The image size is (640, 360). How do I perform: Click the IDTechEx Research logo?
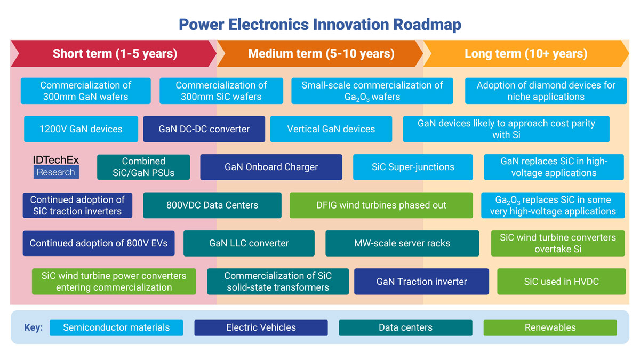[55, 166]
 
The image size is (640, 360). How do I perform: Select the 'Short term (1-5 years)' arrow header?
[114, 53]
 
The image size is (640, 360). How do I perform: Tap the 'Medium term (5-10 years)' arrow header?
[321, 53]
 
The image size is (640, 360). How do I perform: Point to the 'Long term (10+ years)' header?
[525, 53]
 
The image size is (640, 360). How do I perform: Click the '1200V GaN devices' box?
[81, 129]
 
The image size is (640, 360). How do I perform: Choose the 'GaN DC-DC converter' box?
[204, 129]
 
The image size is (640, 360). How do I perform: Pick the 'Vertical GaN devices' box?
[331, 129]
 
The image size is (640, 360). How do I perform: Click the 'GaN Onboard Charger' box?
[271, 167]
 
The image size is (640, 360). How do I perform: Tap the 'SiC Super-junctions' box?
[413, 167]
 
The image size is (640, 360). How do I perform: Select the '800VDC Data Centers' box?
[212, 205]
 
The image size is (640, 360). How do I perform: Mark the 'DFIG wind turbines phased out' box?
[381, 205]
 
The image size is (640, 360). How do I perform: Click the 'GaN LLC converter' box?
[249, 243]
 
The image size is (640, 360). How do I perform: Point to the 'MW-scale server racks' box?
[402, 243]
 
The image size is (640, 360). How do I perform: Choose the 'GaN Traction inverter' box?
[421, 282]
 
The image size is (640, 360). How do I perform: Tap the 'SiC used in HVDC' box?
[561, 282]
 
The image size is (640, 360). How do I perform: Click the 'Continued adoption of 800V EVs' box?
[99, 243]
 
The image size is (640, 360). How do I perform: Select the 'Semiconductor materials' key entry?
[116, 327]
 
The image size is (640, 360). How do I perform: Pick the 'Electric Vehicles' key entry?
[261, 327]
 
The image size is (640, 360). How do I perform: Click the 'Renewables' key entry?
[550, 327]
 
